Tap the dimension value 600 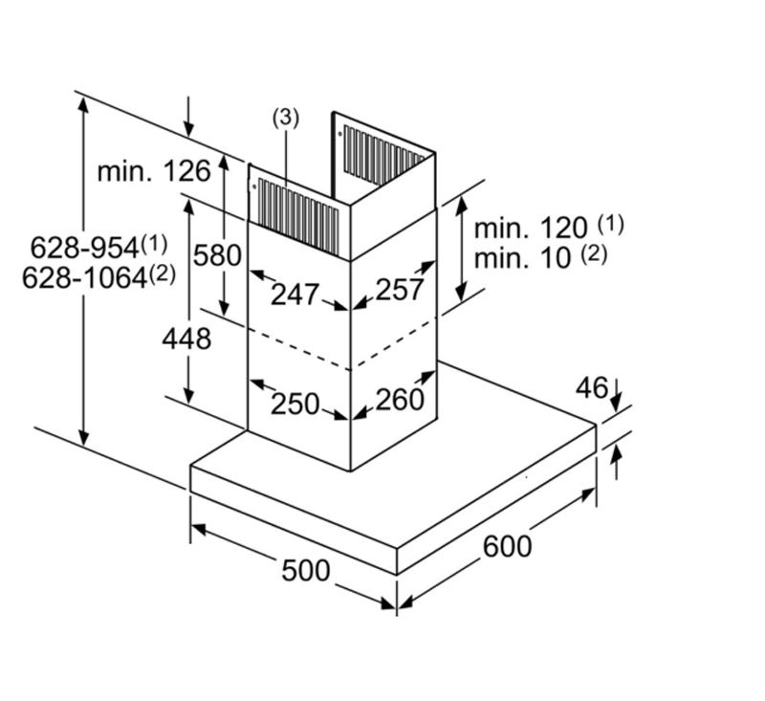tap(507, 546)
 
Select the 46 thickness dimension tap(592, 387)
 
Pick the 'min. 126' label tap(153, 172)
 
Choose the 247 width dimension tap(294, 295)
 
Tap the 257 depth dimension tap(399, 290)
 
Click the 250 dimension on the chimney tap(295, 404)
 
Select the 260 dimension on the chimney tap(399, 399)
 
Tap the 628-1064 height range tap(91, 276)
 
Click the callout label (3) tap(286, 118)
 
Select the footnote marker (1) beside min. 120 tap(610, 225)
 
